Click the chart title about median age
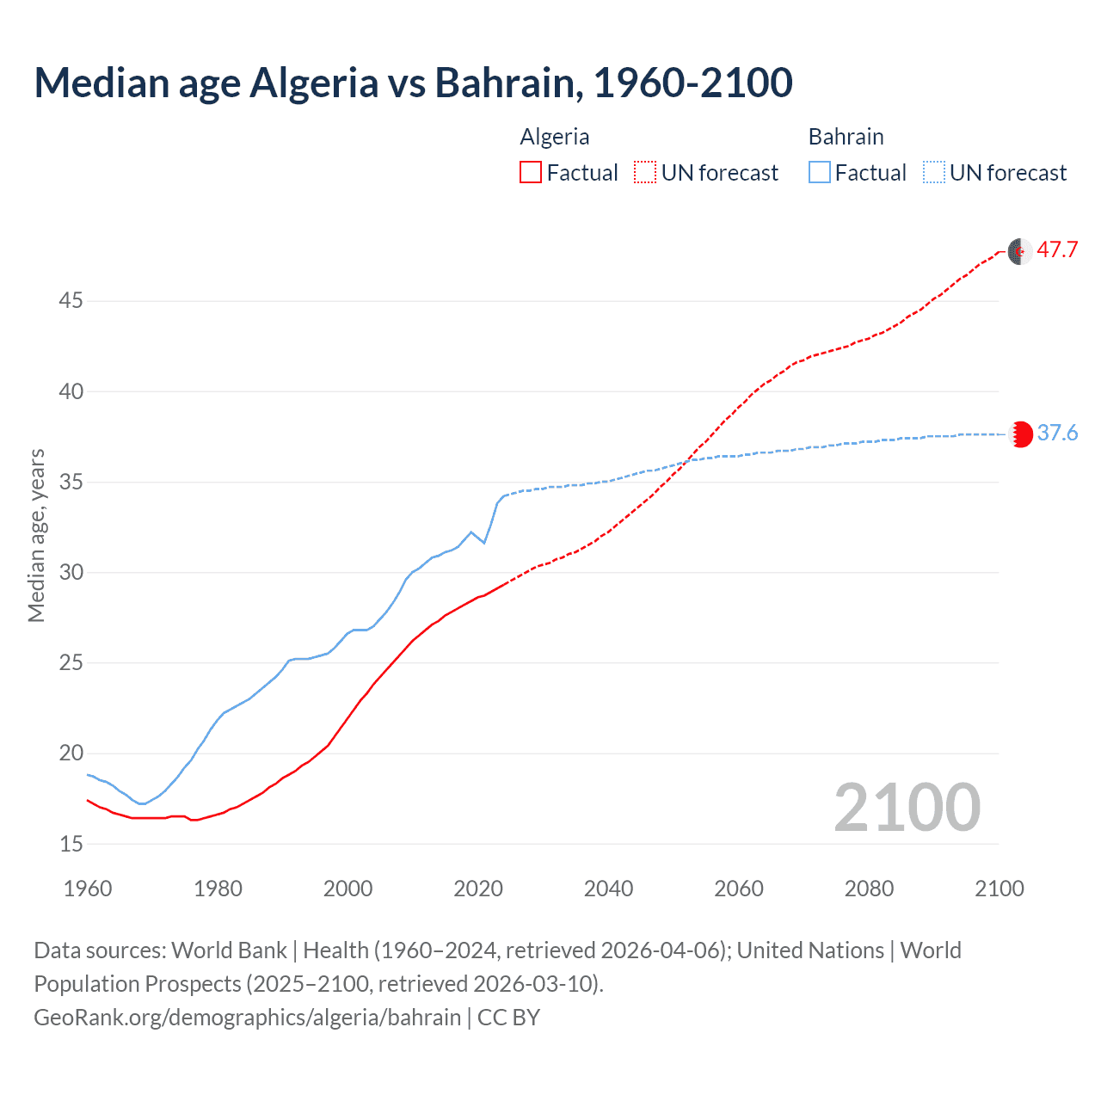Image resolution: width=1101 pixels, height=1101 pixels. tap(413, 83)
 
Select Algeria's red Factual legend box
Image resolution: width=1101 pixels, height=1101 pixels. tap(531, 173)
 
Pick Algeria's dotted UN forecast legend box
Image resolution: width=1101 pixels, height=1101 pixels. tap(645, 173)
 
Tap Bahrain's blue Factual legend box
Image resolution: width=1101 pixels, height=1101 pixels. tap(820, 173)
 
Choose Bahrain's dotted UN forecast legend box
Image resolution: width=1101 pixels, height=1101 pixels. tap(934, 173)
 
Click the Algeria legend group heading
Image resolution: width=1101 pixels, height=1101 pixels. tap(555, 137)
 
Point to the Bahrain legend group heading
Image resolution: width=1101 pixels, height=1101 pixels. tap(846, 137)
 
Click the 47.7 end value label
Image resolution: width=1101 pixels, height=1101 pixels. tap(1057, 250)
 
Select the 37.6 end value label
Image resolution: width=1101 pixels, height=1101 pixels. tap(1057, 433)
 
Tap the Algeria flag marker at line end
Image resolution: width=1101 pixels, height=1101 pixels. tap(1019, 252)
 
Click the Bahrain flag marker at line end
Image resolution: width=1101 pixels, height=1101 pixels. tap(1020, 434)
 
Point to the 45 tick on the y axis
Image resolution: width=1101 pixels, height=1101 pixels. tap(71, 301)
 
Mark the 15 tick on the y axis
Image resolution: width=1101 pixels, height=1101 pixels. tap(71, 844)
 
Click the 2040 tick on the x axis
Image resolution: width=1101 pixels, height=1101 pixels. tap(608, 889)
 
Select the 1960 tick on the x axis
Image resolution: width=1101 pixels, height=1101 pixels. tap(88, 889)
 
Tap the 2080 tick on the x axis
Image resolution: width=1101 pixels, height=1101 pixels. tap(869, 889)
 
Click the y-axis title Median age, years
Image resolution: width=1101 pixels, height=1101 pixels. tap(36, 535)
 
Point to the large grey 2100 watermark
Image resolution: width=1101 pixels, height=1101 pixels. tap(907, 807)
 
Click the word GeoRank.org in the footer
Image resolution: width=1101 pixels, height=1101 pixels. tap(101, 1018)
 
